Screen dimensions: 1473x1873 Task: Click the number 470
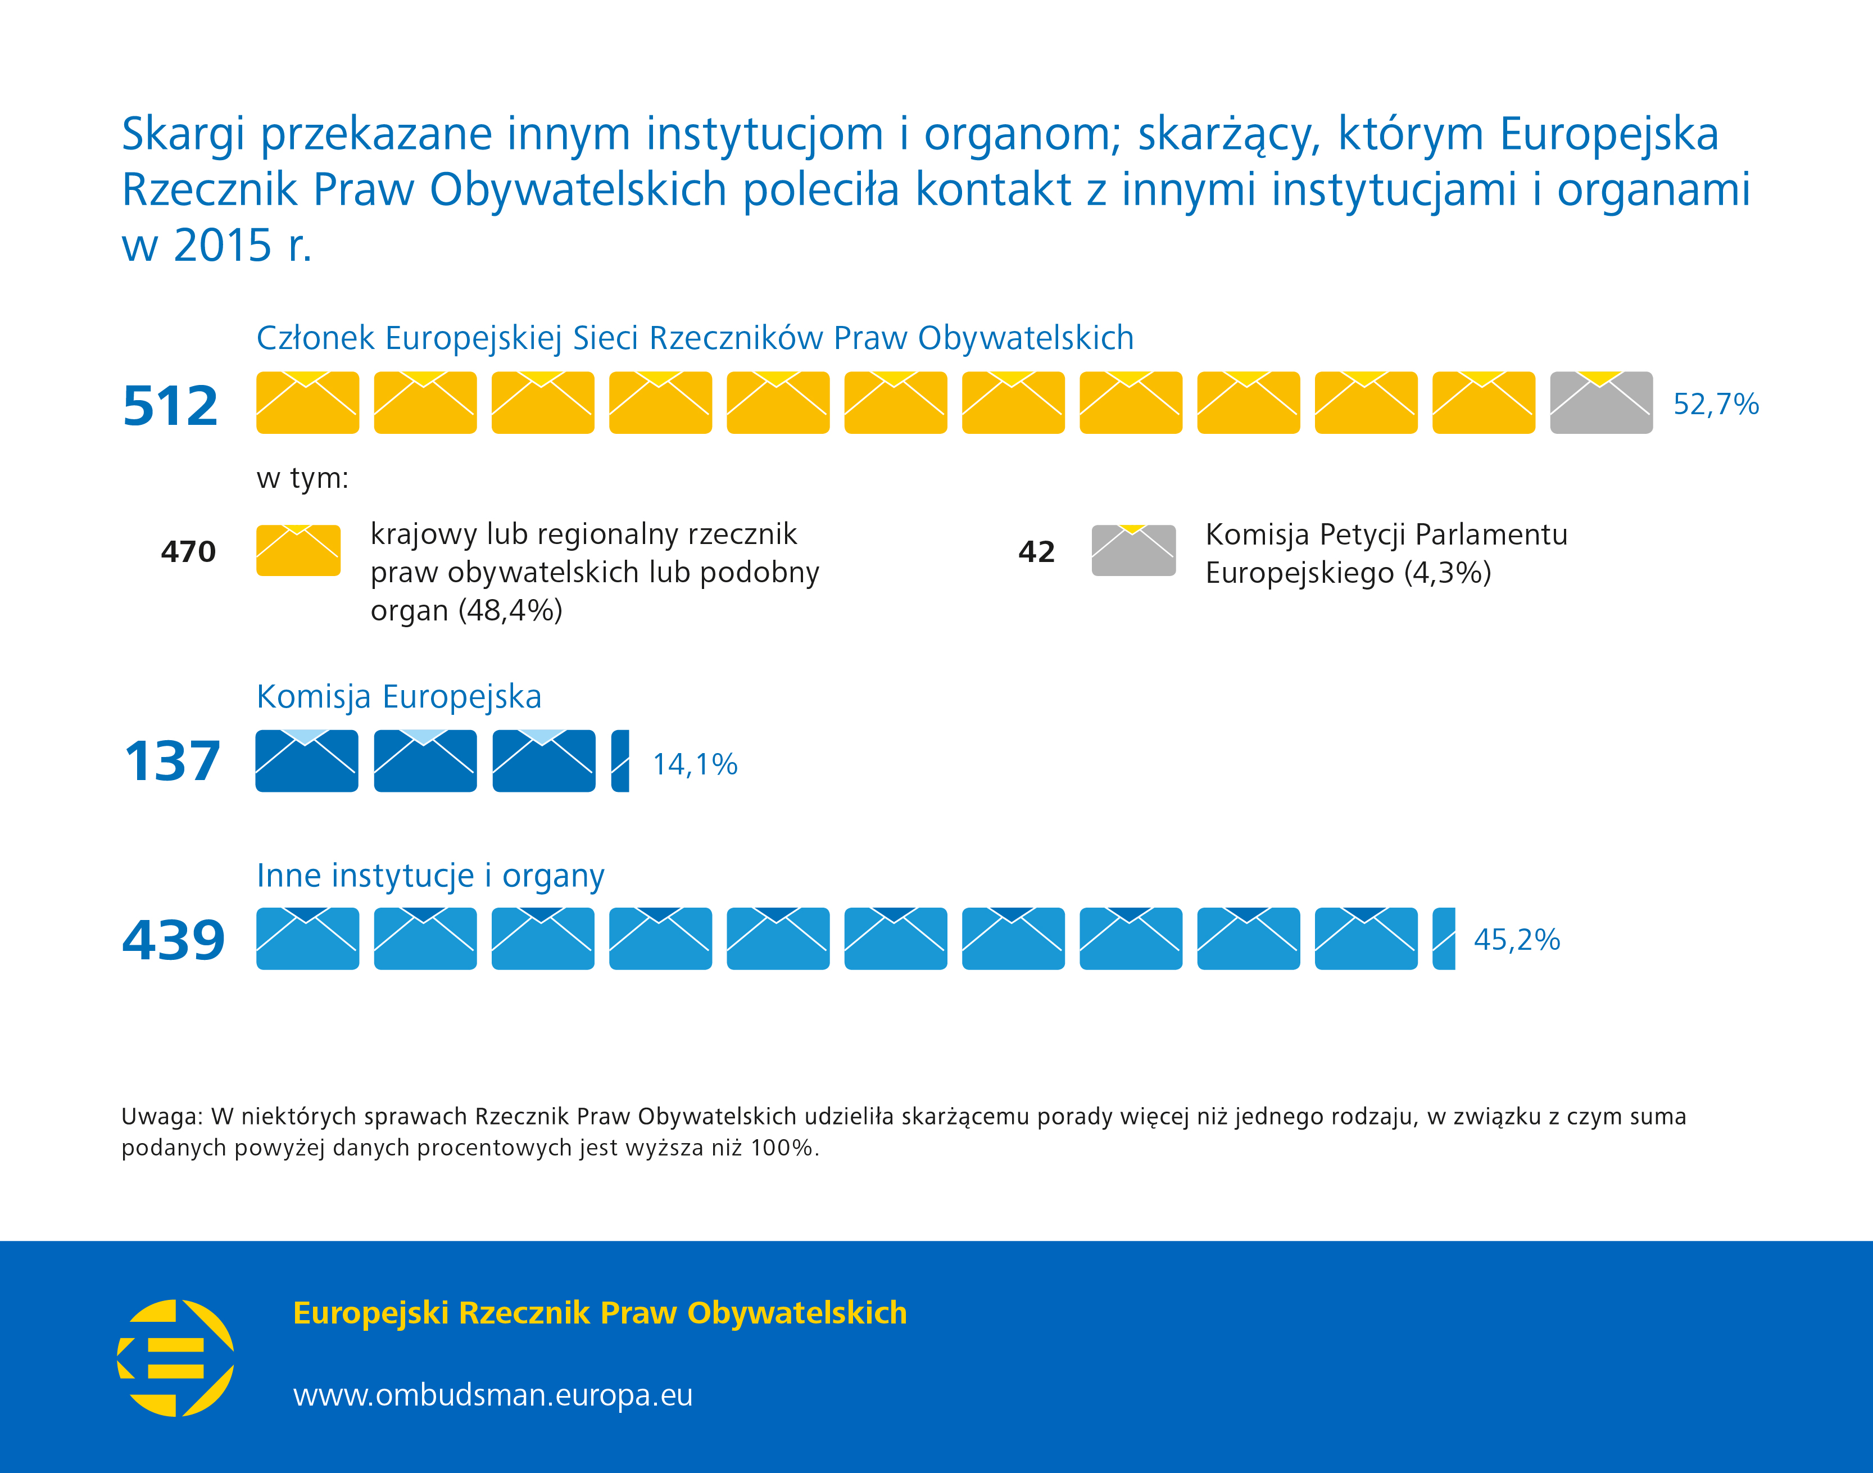coord(188,552)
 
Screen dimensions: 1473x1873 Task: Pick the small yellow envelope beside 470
coord(298,550)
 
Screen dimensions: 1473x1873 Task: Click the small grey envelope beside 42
coord(1133,550)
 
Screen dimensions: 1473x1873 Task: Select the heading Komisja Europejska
coord(398,696)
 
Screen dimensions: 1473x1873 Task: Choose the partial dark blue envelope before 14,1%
coord(620,760)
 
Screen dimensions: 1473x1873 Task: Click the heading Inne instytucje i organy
coord(430,876)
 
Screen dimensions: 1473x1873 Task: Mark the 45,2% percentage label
coord(1516,939)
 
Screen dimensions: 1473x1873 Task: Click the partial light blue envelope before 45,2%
coord(1444,939)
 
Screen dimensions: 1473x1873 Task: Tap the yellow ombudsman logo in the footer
coord(176,1358)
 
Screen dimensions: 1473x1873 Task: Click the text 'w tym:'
coord(302,478)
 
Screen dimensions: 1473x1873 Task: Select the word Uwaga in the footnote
coord(160,1116)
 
